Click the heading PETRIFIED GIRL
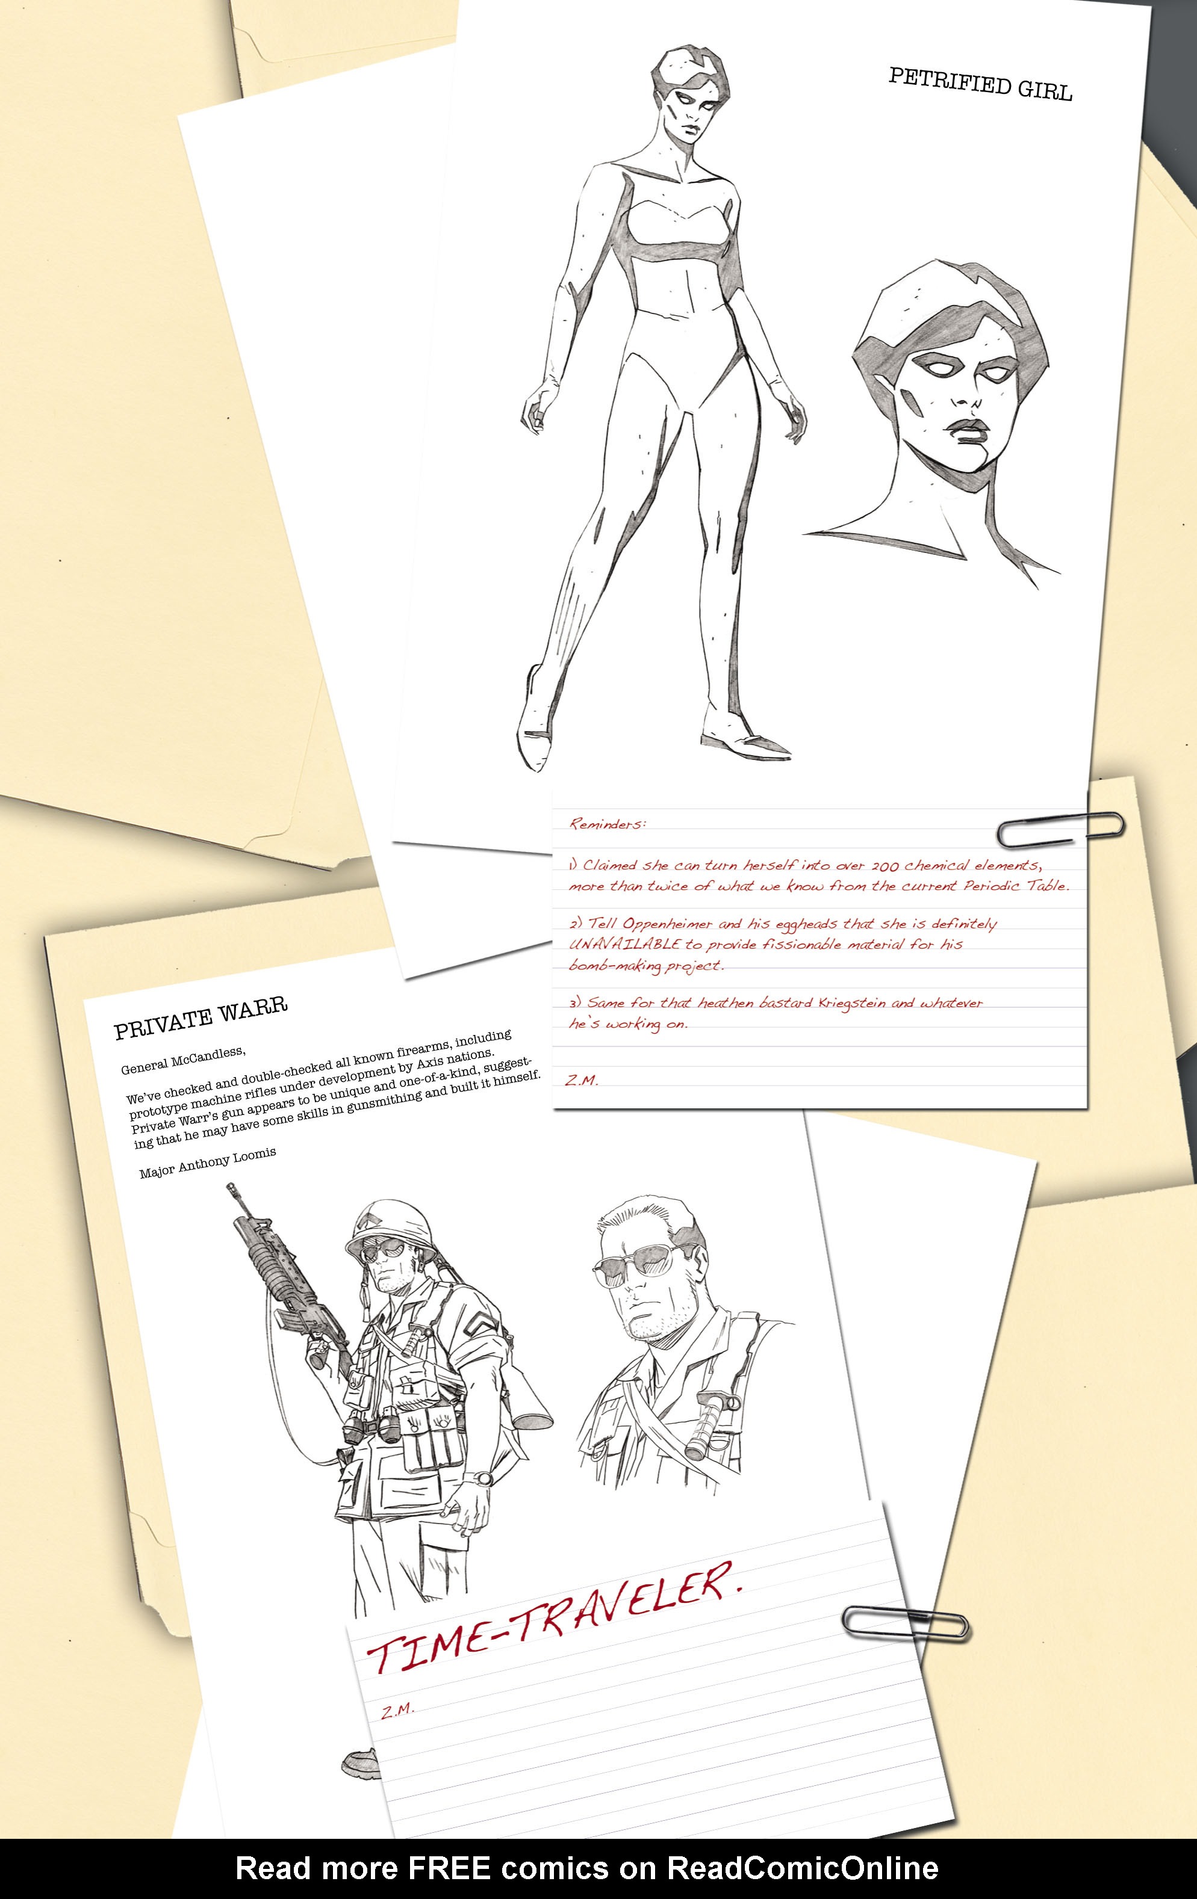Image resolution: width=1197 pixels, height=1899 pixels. pyautogui.click(x=981, y=84)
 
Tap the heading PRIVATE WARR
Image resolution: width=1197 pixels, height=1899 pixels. pyautogui.click(x=201, y=1017)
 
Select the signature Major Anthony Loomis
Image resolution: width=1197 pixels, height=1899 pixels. pyautogui.click(x=208, y=1163)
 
